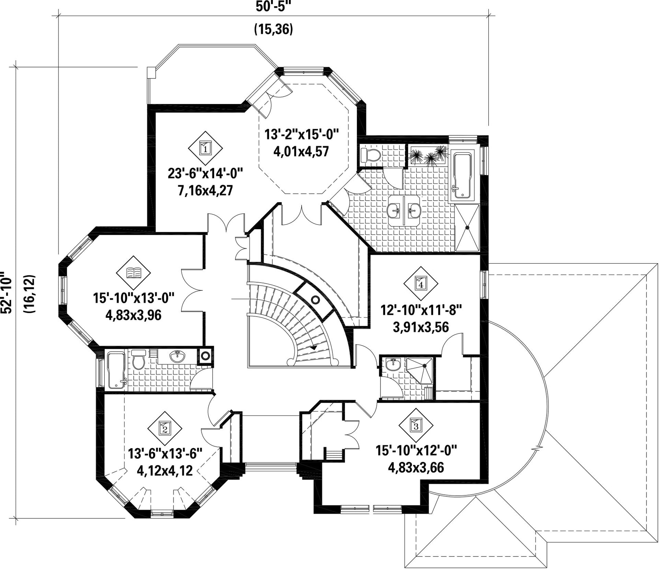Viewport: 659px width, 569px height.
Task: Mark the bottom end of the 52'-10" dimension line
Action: point(15,518)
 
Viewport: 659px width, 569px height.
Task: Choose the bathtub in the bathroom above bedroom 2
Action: point(116,369)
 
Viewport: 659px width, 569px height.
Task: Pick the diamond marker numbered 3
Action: point(416,425)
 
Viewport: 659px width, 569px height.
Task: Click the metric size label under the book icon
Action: point(133,315)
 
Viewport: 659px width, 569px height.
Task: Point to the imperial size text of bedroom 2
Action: point(165,454)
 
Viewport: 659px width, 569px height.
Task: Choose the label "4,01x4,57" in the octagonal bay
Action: point(301,150)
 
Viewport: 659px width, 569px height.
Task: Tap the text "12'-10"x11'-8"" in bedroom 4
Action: point(420,311)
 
